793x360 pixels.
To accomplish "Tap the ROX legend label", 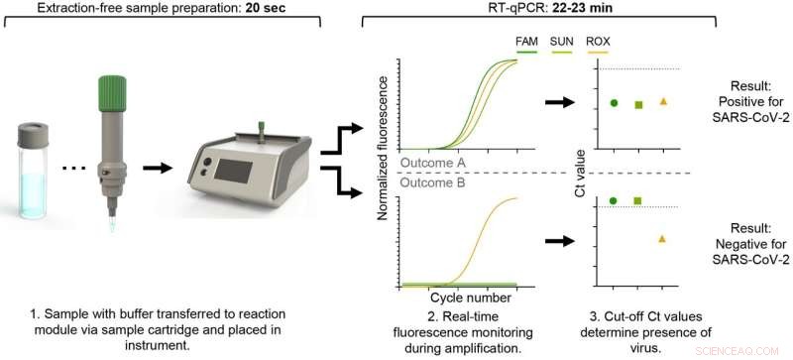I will [x=598, y=41].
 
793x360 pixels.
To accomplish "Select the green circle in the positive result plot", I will [x=614, y=102].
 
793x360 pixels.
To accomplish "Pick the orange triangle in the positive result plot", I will [x=663, y=101].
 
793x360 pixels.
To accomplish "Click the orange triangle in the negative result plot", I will [x=663, y=238].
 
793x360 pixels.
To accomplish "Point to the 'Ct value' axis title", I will [x=580, y=171].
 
